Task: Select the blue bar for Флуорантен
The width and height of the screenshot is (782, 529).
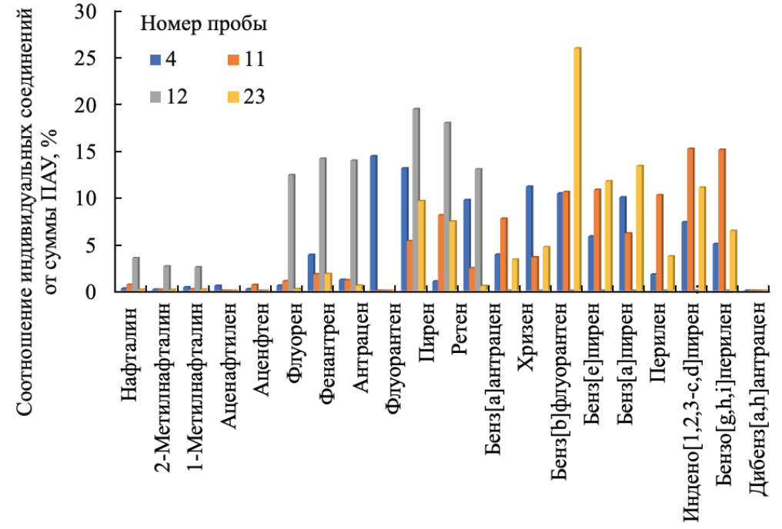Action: (x=374, y=223)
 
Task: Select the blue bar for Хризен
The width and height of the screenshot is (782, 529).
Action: (x=530, y=238)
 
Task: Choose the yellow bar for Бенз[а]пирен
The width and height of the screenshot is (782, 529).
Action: (x=640, y=228)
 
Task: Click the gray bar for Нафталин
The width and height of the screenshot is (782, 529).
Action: (x=136, y=274)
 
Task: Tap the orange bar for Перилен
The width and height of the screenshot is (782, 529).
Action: (x=660, y=243)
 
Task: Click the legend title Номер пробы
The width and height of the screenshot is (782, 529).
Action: (x=204, y=25)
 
